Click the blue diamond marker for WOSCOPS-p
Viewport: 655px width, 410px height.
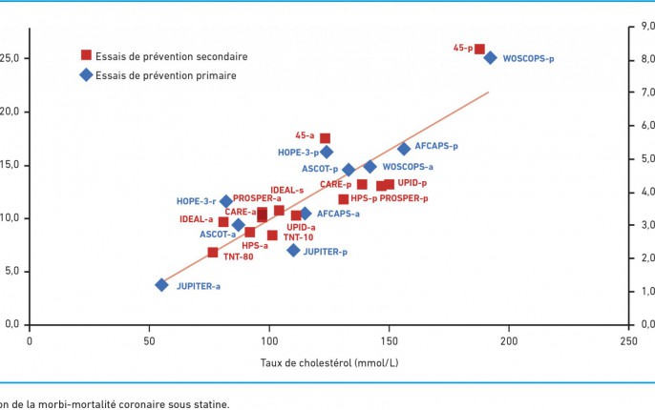click(x=490, y=57)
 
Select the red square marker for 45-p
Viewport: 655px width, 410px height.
click(x=480, y=49)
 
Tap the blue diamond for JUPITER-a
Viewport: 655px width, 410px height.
click(x=162, y=284)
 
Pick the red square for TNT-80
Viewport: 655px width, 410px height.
click(x=213, y=252)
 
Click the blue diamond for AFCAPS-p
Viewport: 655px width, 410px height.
click(x=404, y=148)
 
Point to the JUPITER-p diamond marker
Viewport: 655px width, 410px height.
click(x=294, y=250)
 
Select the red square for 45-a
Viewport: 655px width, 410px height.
click(x=325, y=138)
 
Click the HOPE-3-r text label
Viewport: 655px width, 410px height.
click(x=196, y=201)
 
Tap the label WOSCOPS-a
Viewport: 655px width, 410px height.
click(x=408, y=167)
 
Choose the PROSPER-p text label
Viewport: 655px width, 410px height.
click(x=404, y=198)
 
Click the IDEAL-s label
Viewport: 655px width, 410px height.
click(x=286, y=191)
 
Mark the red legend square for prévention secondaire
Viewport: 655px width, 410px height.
click(x=86, y=55)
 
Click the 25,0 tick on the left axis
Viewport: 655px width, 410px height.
click(x=12, y=58)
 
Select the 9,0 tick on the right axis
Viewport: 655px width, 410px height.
click(x=640, y=28)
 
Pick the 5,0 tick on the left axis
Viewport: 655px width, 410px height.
click(x=14, y=271)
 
